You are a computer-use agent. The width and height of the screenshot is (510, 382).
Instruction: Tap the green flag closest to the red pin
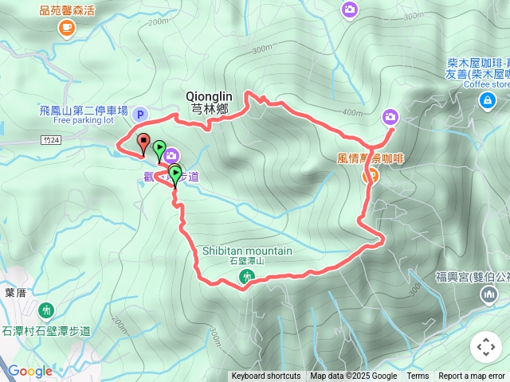[x=159, y=149]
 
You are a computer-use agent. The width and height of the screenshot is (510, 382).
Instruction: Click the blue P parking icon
[x=140, y=115]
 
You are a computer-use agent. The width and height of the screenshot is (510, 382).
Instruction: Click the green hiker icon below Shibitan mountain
[x=246, y=276]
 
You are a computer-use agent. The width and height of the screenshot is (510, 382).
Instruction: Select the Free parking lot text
[x=84, y=121]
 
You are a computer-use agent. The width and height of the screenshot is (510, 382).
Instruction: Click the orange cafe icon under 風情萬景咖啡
[x=370, y=176]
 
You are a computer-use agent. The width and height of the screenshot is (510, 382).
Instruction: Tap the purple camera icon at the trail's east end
[x=390, y=116]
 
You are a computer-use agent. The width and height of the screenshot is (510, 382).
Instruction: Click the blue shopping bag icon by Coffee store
[x=486, y=99]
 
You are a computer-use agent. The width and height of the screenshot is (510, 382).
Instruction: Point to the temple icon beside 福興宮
[x=488, y=295]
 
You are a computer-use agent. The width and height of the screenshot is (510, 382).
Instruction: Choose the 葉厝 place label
[x=15, y=292]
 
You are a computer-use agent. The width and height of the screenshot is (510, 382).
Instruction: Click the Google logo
[x=29, y=371]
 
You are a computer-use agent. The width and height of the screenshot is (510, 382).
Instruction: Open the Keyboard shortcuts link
[x=266, y=376]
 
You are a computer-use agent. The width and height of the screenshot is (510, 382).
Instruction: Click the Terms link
[x=418, y=376]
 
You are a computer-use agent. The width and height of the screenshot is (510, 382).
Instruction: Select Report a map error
[x=472, y=376]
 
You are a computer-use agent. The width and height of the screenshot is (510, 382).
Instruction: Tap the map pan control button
[x=485, y=348]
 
